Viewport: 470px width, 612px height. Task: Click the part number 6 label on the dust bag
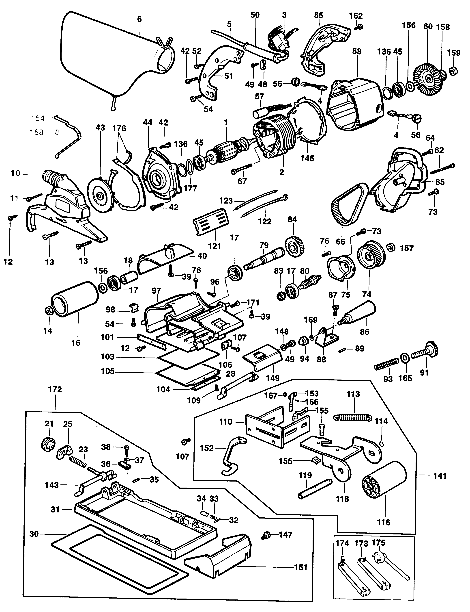(139, 19)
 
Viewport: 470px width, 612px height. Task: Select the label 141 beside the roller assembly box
(440, 476)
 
